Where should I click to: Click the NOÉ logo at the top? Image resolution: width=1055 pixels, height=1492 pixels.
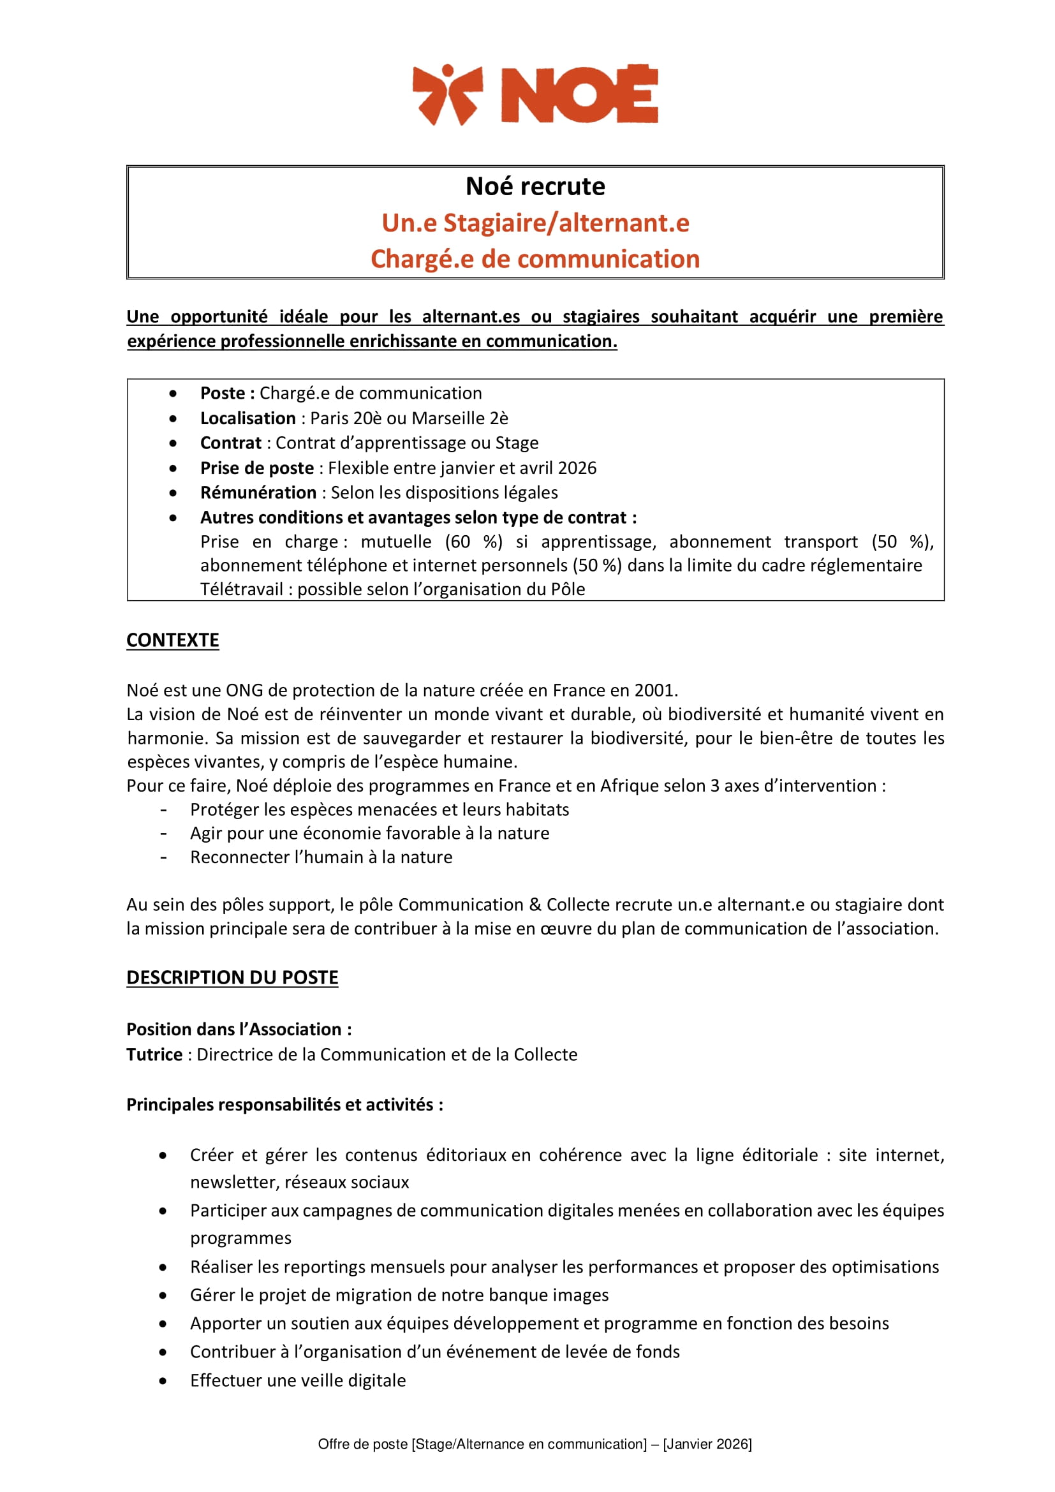(x=535, y=94)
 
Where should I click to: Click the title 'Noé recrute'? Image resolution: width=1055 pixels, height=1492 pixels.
(x=535, y=186)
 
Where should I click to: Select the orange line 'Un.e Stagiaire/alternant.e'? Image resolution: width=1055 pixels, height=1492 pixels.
(x=535, y=223)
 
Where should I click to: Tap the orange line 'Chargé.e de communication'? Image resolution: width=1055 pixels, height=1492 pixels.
(x=535, y=259)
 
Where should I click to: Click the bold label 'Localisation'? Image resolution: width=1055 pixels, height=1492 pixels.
(x=247, y=418)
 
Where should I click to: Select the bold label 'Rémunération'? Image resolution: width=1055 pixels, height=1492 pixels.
(x=258, y=492)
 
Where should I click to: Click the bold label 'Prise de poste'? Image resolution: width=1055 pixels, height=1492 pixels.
(x=256, y=468)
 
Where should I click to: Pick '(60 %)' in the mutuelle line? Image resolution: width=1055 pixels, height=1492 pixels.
(x=473, y=542)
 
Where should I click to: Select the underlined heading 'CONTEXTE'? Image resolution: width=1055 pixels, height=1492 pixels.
(x=173, y=640)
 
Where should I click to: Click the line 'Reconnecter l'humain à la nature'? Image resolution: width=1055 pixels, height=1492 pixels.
(x=321, y=857)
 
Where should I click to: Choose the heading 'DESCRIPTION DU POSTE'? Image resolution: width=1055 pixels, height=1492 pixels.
(x=232, y=977)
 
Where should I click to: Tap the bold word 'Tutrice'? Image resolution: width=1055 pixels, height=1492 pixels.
(x=154, y=1054)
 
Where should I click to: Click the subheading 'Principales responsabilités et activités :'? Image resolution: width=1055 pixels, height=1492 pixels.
(x=284, y=1105)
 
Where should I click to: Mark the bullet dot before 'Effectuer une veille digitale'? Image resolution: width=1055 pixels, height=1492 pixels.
(x=163, y=1380)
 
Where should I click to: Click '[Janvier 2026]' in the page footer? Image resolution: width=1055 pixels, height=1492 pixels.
(x=707, y=1444)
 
